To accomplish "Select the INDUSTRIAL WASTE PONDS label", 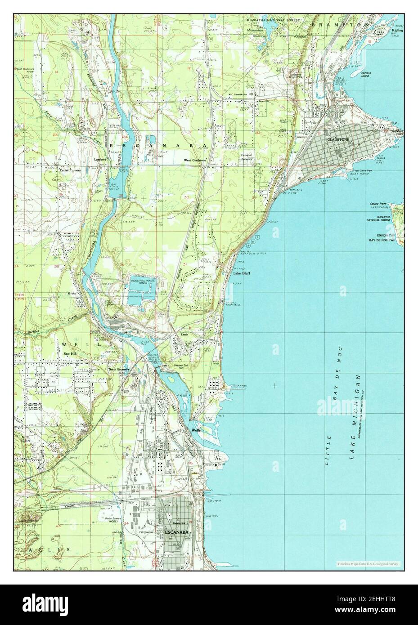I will [144, 282].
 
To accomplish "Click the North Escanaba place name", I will [118, 370].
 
